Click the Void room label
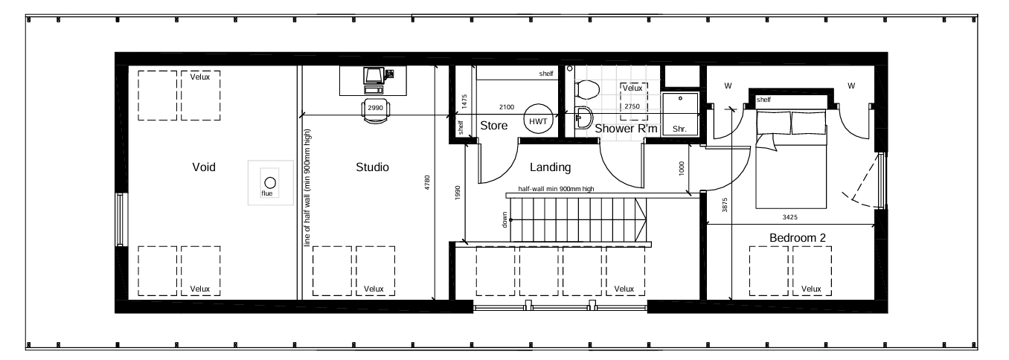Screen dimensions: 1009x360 (204, 167)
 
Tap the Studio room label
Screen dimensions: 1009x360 (372, 167)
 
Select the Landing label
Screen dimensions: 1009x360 (550, 167)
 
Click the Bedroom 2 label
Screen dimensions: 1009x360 (797, 237)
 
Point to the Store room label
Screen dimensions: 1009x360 (493, 126)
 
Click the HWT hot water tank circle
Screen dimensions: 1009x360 (538, 119)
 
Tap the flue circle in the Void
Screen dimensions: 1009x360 (270, 182)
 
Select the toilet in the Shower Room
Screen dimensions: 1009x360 (586, 89)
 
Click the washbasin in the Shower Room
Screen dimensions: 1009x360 (584, 118)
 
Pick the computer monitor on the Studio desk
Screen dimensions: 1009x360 (374, 76)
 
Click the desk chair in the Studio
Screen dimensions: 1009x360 (376, 111)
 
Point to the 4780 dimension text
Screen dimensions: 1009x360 (427, 182)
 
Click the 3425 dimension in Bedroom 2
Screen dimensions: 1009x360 (789, 217)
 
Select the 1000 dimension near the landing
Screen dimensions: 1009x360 (682, 168)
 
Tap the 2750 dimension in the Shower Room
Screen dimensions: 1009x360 (632, 106)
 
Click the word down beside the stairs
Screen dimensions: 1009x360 (504, 219)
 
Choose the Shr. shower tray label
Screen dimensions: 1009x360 (679, 129)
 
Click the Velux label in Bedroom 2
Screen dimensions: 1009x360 (811, 289)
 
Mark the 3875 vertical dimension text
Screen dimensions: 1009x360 (725, 205)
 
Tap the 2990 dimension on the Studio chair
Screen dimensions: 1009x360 (375, 108)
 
